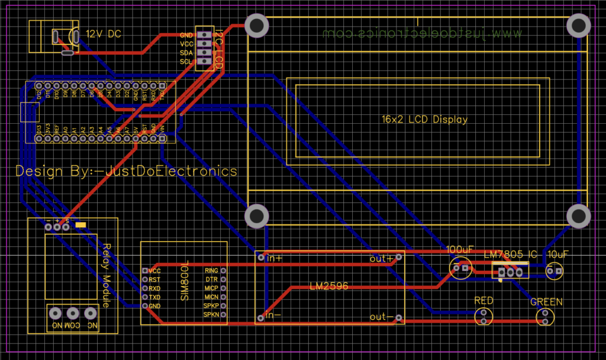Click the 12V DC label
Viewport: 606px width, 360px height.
pyautogui.click(x=104, y=34)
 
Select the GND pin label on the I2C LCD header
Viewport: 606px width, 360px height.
pyautogui.click(x=186, y=35)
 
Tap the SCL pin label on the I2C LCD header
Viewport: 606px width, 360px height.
pyautogui.click(x=186, y=62)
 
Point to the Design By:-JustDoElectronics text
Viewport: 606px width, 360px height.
pyautogui.click(x=126, y=171)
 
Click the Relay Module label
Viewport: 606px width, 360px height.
pyautogui.click(x=107, y=275)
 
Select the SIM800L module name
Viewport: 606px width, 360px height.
pyautogui.click(x=184, y=280)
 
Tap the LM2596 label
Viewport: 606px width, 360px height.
pyautogui.click(x=328, y=286)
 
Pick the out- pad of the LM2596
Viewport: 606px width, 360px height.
pyautogui.click(x=399, y=318)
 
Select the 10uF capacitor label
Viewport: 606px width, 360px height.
pyautogui.click(x=557, y=254)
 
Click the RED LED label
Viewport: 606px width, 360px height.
pyautogui.click(x=483, y=301)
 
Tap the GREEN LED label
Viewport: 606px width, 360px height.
pyautogui.click(x=546, y=302)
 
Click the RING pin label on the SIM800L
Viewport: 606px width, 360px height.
pyautogui.click(x=211, y=271)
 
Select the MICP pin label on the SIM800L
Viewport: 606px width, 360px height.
pyautogui.click(x=211, y=288)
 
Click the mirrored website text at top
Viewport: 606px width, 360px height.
pyautogui.click(x=423, y=34)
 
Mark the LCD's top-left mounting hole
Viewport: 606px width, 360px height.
pyautogui.click(x=256, y=25)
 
